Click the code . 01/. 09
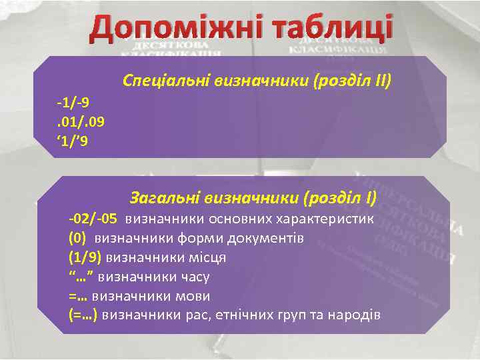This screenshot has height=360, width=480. [81, 122]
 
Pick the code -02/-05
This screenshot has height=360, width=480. [93, 219]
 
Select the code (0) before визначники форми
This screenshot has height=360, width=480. [77, 238]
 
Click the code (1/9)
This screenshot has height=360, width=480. [85, 257]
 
